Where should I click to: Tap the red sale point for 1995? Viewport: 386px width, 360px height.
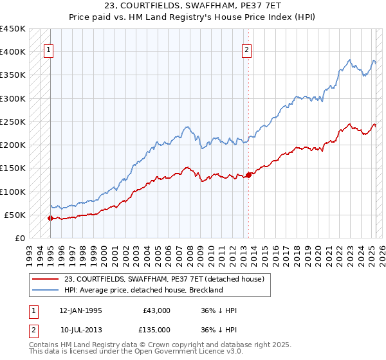pos(50,219)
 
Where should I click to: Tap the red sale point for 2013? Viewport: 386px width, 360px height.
pos(248,175)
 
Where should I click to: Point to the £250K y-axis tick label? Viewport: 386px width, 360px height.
pos(13,122)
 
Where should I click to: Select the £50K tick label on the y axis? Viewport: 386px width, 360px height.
pos(15,215)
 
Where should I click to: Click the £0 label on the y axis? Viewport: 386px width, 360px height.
pos(21,239)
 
